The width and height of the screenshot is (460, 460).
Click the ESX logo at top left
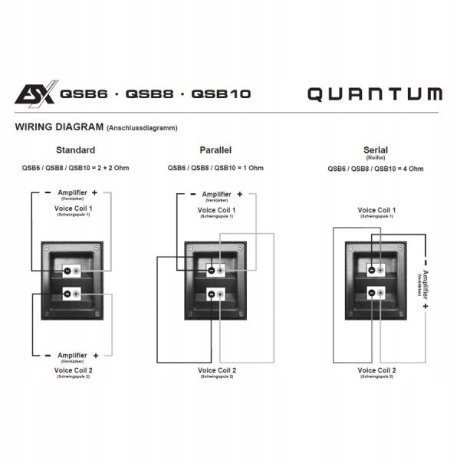(34, 95)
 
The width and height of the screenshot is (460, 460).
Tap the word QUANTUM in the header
(375, 95)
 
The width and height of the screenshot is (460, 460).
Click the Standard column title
(76, 150)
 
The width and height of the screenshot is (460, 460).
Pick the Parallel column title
(215, 150)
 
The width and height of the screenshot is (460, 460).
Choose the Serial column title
(375, 149)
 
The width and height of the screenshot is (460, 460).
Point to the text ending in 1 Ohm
(215, 168)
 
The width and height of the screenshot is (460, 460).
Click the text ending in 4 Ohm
(375, 169)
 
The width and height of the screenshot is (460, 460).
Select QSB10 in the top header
(221, 95)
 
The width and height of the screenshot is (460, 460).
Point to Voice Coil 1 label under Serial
(376, 209)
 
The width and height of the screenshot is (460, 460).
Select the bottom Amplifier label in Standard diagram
(73, 356)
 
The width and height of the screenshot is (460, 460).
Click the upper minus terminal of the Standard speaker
(67, 271)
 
